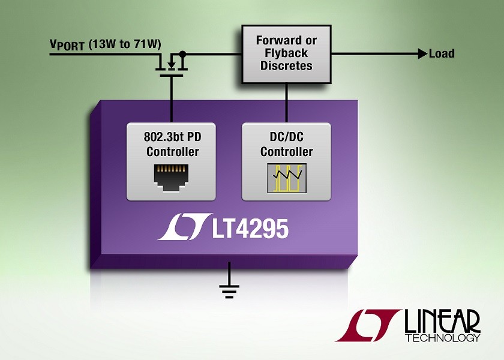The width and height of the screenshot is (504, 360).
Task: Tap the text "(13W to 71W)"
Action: (x=124, y=44)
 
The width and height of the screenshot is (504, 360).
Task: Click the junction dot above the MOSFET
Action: (x=182, y=53)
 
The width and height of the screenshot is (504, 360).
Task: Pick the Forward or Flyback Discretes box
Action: (x=286, y=55)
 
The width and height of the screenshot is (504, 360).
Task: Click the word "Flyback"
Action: (x=286, y=53)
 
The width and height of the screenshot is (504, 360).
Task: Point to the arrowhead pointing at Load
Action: (x=422, y=53)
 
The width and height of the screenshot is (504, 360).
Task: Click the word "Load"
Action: (x=442, y=53)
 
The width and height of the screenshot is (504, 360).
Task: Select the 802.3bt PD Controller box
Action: (x=172, y=161)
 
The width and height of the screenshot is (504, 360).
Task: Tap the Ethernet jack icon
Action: (x=171, y=178)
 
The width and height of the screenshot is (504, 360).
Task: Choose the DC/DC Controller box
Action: (x=286, y=161)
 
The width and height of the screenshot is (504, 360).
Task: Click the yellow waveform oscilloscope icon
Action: (x=287, y=178)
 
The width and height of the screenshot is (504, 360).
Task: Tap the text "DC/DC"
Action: (x=286, y=137)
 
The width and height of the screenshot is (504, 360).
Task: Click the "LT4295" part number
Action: (x=250, y=229)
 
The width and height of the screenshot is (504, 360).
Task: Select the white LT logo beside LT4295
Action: (x=185, y=227)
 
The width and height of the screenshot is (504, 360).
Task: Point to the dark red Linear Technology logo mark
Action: (x=368, y=325)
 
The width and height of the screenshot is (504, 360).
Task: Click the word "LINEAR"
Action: (x=442, y=322)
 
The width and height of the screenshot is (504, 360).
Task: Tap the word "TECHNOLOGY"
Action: (x=442, y=338)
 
